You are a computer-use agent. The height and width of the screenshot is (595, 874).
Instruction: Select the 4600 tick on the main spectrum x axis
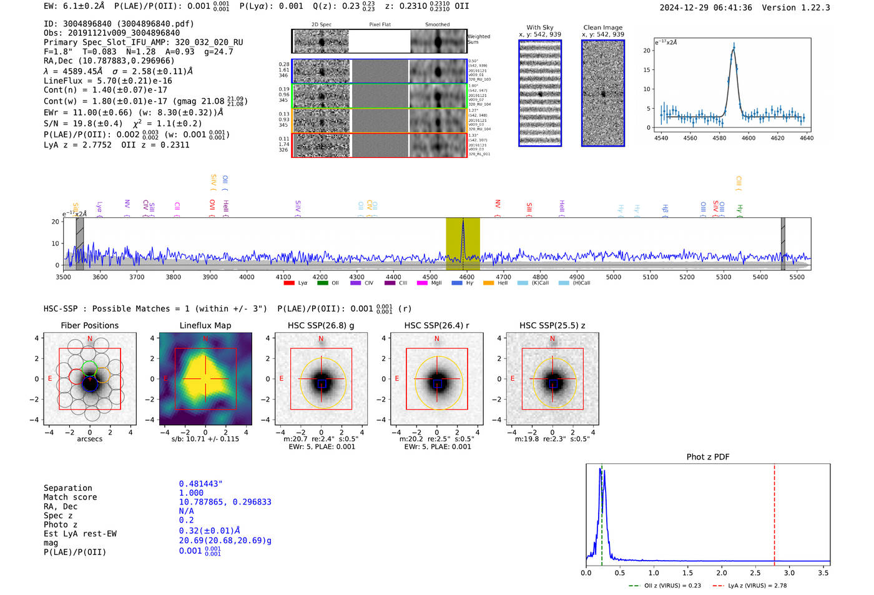tap(466, 277)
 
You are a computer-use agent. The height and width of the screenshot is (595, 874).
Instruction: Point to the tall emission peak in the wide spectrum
tap(463, 222)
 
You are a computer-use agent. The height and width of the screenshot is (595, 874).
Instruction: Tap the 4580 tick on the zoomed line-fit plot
tap(719, 138)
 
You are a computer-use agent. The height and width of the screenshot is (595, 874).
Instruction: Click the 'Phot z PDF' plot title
tap(708, 457)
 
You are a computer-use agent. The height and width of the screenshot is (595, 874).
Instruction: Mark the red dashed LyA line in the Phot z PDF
tap(774, 512)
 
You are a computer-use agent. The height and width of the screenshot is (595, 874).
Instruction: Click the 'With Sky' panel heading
tap(540, 27)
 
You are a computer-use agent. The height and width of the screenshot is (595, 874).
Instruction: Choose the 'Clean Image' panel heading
tap(602, 27)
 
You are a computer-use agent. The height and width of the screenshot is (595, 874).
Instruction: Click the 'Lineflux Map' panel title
tap(205, 325)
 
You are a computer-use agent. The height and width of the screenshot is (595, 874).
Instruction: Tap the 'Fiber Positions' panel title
tap(89, 325)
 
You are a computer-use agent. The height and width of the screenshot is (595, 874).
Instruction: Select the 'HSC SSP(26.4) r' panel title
tap(436, 325)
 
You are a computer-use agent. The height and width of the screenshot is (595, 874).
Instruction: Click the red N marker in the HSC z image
tap(552, 339)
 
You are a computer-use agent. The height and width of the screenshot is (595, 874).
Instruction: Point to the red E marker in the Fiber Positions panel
tap(50, 379)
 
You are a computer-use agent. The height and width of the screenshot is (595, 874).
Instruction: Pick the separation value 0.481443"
tap(200, 484)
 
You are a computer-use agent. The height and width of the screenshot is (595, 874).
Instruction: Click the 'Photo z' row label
tap(60, 524)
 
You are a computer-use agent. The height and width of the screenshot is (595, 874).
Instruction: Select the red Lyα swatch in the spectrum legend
tap(289, 283)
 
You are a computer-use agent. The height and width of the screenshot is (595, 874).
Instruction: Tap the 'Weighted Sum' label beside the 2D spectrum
tap(479, 39)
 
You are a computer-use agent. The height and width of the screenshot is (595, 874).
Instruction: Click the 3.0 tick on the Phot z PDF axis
tap(789, 573)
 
